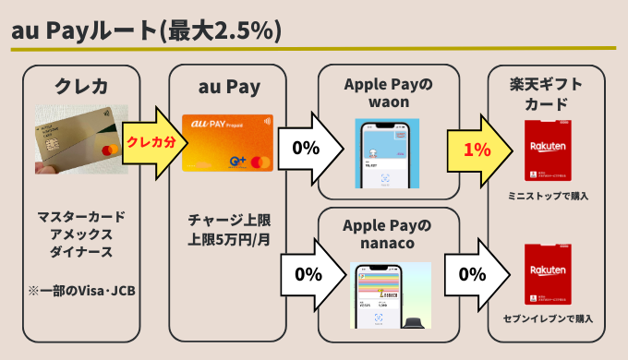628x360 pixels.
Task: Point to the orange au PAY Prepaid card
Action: tap(227, 142)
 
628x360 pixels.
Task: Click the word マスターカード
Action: tap(81, 216)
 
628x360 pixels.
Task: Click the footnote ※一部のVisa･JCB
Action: tap(81, 293)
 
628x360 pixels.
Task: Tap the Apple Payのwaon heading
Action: tap(388, 93)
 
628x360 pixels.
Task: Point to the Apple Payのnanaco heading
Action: tap(388, 234)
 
